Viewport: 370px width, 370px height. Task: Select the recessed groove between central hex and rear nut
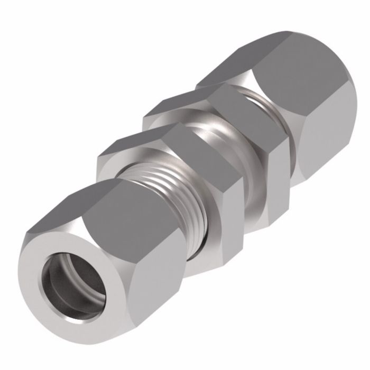(264, 106)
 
